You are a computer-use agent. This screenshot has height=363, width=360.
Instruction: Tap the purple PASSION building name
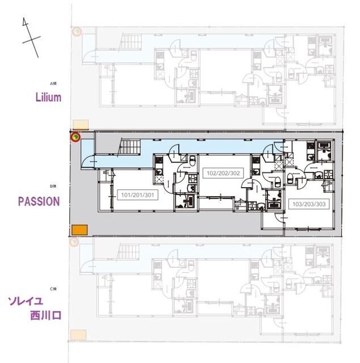[39, 201]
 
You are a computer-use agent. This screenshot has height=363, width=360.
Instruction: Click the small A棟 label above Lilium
[55, 82]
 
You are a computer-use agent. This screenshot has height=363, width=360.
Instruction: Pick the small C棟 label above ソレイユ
[53, 289]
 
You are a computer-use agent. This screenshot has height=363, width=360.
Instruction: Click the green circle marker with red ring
[75, 136]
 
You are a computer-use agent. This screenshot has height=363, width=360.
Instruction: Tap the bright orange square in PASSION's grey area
[78, 229]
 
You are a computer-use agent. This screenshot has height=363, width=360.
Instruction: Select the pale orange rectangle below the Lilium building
[80, 124]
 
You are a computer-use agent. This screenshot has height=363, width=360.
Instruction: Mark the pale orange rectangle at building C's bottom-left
[78, 335]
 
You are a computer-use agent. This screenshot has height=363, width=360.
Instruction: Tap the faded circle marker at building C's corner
[73, 242]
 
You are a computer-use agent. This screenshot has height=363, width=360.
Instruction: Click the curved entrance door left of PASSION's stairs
[90, 162]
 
